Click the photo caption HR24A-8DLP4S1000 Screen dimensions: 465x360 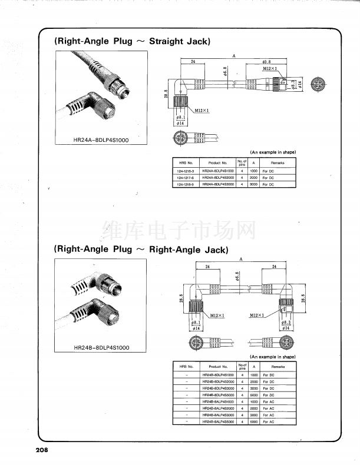100,139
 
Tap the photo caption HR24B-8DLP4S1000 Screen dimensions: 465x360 101,347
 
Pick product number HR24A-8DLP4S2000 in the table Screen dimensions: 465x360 218,177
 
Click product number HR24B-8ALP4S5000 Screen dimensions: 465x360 218,421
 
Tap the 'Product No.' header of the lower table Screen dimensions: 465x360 218,366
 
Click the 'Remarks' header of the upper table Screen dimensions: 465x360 278,162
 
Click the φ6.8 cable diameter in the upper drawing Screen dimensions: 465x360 226,72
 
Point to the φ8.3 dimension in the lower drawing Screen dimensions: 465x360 286,323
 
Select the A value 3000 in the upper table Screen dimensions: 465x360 253,184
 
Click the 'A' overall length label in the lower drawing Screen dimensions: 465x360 241,260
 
